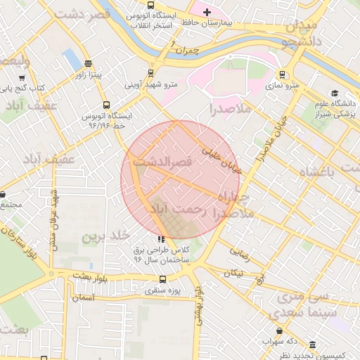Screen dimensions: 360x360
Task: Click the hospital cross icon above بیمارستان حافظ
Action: [x=207, y=12]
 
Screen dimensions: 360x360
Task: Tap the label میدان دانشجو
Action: [x=301, y=33]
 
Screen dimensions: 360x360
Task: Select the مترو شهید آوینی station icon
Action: [x=150, y=72]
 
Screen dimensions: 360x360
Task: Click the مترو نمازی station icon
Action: [x=283, y=74]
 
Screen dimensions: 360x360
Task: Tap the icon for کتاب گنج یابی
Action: [x=21, y=78]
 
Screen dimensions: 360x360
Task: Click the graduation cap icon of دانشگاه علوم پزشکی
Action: [x=335, y=93]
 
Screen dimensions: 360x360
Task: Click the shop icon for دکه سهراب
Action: [x=281, y=330]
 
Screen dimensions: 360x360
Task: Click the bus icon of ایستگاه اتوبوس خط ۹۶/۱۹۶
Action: [x=106, y=105]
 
